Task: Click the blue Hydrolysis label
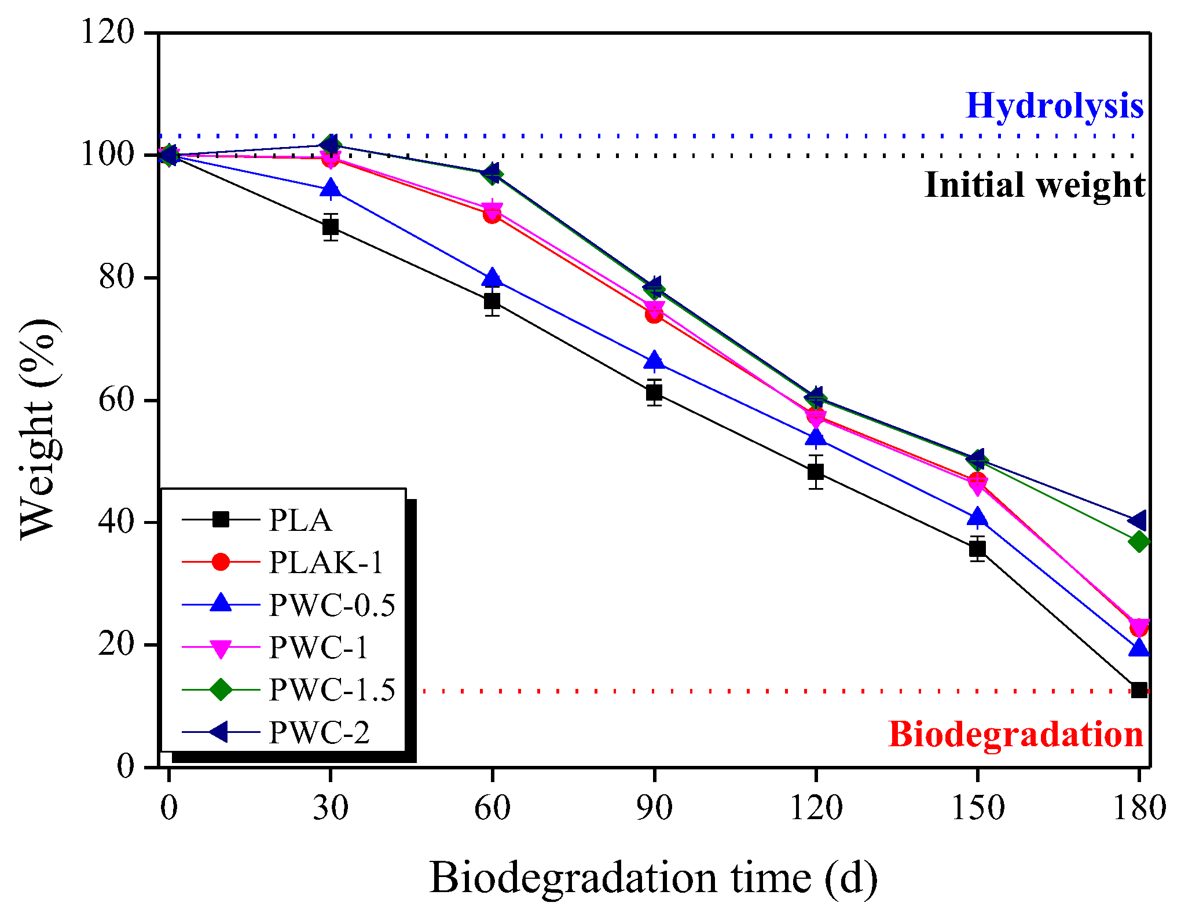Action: (x=1054, y=107)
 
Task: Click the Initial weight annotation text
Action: (x=1035, y=185)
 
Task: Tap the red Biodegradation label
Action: (x=1015, y=735)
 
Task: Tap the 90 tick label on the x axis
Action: (x=654, y=808)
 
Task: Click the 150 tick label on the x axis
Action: (x=978, y=808)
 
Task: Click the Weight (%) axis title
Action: (x=39, y=428)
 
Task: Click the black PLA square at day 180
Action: (x=1139, y=689)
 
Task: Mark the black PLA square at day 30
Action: (x=331, y=227)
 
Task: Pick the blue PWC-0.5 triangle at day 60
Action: (x=492, y=278)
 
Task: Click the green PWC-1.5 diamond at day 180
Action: (x=1139, y=542)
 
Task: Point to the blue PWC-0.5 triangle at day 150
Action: (x=977, y=517)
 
